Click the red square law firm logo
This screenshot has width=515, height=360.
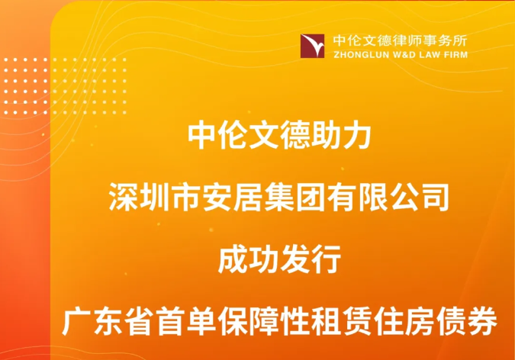[312, 46]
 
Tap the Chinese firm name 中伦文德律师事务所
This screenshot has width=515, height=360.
[400, 40]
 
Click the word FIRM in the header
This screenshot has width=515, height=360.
[455, 54]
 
